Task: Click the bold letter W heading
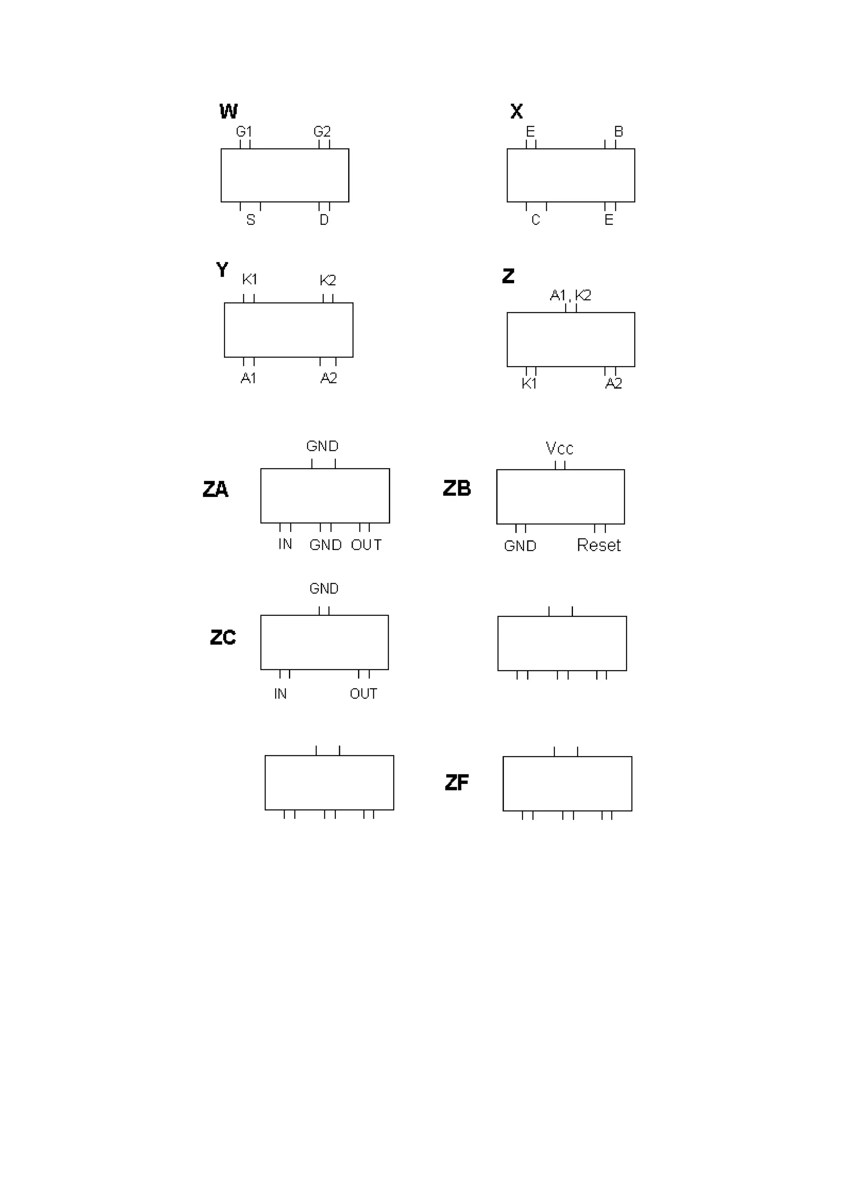pos(228,111)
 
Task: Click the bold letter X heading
pos(516,111)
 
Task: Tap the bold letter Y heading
pos(222,270)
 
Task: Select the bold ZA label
pos(215,489)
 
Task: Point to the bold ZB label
pos(456,488)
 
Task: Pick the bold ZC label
pos(223,638)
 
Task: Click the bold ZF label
pos(456,783)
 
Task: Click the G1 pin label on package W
pos(244,131)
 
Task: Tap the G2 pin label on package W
pos(322,131)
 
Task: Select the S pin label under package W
pos(251,220)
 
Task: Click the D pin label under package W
pos(324,220)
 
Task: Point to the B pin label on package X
pos(619,131)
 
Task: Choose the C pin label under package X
pos(536,220)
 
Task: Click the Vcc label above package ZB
pos(559,448)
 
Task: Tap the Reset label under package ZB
pos(599,545)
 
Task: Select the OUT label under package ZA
pos(366,545)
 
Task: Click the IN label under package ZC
pos(280,694)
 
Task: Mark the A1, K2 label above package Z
pos(571,295)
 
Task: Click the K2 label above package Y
pos(328,280)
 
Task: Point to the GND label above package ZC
pos(324,588)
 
